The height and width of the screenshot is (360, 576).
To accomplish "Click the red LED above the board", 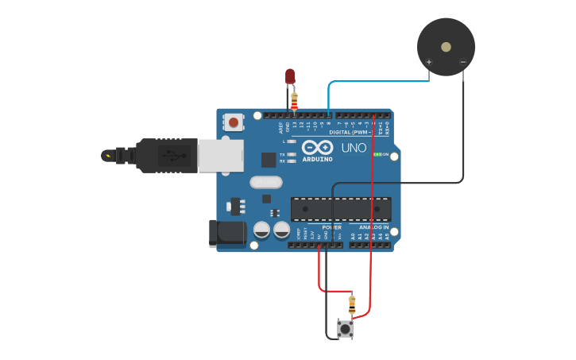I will click(290, 76).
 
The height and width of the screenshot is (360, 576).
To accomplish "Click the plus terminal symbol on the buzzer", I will click(429, 62).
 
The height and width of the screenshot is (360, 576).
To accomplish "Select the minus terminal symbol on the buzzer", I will click(463, 62).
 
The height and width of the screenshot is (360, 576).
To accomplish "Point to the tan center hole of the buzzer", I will click(446, 47).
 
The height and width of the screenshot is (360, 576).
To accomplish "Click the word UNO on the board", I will click(354, 148).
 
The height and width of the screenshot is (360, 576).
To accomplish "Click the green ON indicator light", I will click(380, 154).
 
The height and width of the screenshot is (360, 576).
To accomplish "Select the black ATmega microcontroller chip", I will click(341, 209).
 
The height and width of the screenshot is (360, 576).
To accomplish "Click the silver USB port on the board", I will click(220, 156).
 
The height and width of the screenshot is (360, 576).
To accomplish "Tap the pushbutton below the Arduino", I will click(345, 328).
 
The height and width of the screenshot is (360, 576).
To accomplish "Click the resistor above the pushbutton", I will click(352, 303).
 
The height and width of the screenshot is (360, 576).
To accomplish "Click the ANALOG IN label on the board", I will click(368, 227).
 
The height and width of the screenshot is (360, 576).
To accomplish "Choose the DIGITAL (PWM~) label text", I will click(350, 132).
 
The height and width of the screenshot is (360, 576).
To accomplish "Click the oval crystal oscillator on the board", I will click(266, 182).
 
